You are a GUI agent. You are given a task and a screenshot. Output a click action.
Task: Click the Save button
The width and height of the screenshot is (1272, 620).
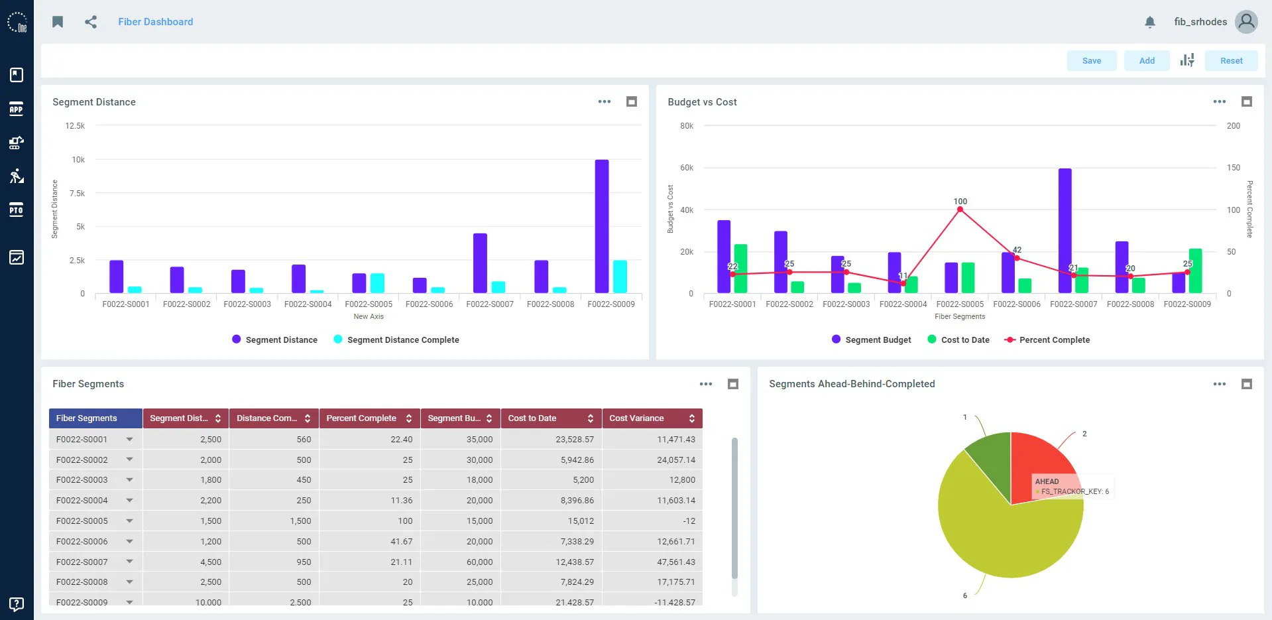[x=1091, y=61]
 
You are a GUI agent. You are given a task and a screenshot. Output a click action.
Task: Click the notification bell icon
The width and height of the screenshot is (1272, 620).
[x=1150, y=22]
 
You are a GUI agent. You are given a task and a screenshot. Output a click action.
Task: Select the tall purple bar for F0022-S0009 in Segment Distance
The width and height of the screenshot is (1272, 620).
[x=602, y=226]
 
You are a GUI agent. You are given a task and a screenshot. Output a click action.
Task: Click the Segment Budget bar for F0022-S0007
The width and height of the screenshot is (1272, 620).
[x=1065, y=231]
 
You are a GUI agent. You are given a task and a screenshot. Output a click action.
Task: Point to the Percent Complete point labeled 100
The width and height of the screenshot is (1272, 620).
[x=960, y=210]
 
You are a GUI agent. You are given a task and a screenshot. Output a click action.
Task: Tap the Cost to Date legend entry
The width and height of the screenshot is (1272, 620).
[x=958, y=340]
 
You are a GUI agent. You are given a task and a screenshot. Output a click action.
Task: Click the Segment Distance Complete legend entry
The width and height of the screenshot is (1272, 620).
[x=396, y=340]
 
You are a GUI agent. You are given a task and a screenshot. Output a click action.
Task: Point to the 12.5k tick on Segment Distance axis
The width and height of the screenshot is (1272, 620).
[x=75, y=126]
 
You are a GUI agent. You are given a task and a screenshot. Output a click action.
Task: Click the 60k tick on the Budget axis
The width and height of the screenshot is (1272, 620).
[x=687, y=168]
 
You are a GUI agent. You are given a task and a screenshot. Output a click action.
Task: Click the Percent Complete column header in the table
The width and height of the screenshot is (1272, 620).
[x=369, y=418]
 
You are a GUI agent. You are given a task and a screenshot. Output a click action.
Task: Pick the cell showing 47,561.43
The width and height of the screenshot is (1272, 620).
[x=676, y=562]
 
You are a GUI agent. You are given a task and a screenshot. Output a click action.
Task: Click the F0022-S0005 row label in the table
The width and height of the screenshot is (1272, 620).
[x=82, y=521]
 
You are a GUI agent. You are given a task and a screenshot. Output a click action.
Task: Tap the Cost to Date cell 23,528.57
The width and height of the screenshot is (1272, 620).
[x=575, y=440]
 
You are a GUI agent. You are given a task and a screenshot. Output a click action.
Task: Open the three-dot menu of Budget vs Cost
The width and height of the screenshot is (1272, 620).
[x=1220, y=101]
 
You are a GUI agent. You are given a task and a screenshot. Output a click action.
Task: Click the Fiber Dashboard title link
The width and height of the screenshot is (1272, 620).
[x=156, y=22]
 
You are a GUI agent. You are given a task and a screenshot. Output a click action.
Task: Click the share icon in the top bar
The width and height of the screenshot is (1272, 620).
[x=91, y=22]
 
